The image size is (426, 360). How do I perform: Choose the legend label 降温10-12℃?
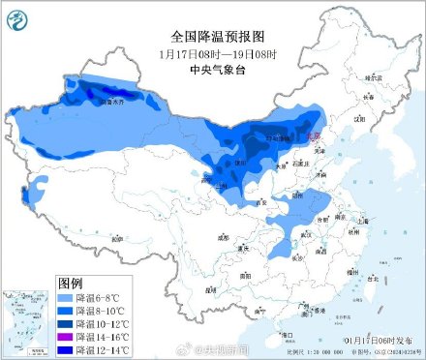106,322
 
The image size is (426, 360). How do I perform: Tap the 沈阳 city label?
360,119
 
